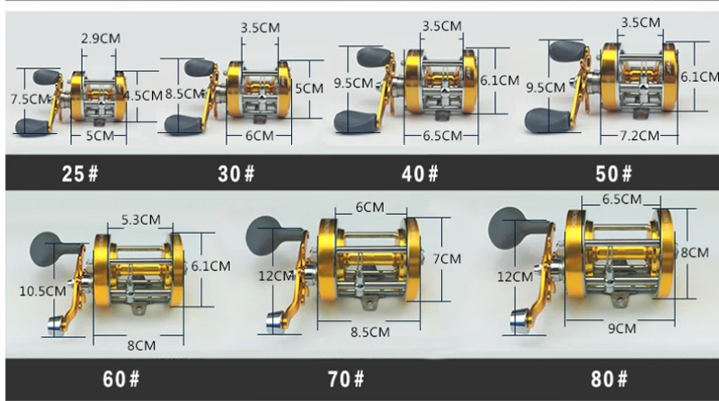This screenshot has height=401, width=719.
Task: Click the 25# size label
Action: (x=80, y=174)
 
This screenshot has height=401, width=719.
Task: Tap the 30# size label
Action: (x=235, y=174)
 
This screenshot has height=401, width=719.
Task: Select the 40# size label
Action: (x=420, y=174)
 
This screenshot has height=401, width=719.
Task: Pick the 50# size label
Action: (x=614, y=174)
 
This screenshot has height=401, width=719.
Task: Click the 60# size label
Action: (x=121, y=379)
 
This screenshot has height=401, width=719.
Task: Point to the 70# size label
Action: (x=346, y=379)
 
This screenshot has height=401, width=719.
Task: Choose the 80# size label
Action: (x=609, y=379)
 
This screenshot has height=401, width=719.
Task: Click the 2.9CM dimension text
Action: (x=101, y=39)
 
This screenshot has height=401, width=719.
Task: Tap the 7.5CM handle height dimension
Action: (x=30, y=99)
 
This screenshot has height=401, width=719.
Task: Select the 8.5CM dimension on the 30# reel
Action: (x=184, y=94)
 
